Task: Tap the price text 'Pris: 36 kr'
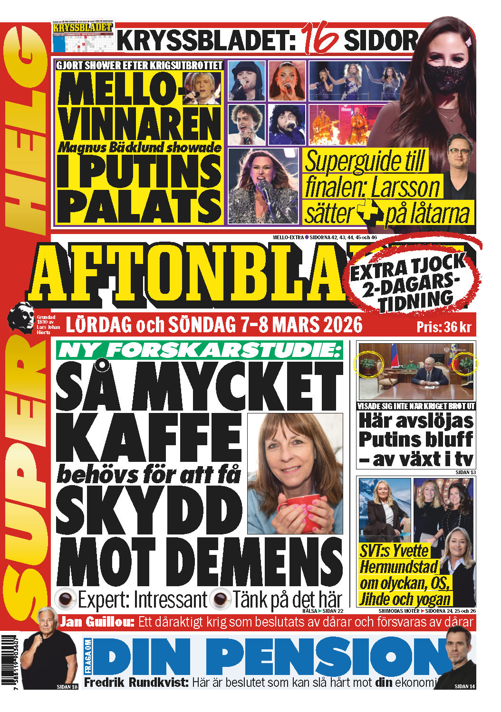point(443,327)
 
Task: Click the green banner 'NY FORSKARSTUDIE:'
point(200,350)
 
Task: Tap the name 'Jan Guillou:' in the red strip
point(97,622)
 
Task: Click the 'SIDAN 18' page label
point(67,686)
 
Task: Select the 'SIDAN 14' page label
point(464,686)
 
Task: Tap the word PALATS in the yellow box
point(139,208)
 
